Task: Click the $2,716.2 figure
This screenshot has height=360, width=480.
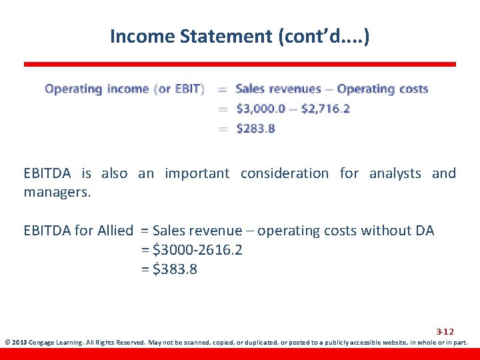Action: point(325,109)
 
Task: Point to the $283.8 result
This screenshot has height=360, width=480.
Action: point(255,128)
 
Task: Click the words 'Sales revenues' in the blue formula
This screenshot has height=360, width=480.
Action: point(278,89)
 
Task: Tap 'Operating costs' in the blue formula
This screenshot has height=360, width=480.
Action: point(383,89)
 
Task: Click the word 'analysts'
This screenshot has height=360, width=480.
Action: point(396,173)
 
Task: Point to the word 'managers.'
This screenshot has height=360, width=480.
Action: point(57,193)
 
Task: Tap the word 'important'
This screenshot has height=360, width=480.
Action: point(197,173)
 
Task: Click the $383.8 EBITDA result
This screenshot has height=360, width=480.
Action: point(175,269)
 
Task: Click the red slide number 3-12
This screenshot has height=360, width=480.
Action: point(445,331)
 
